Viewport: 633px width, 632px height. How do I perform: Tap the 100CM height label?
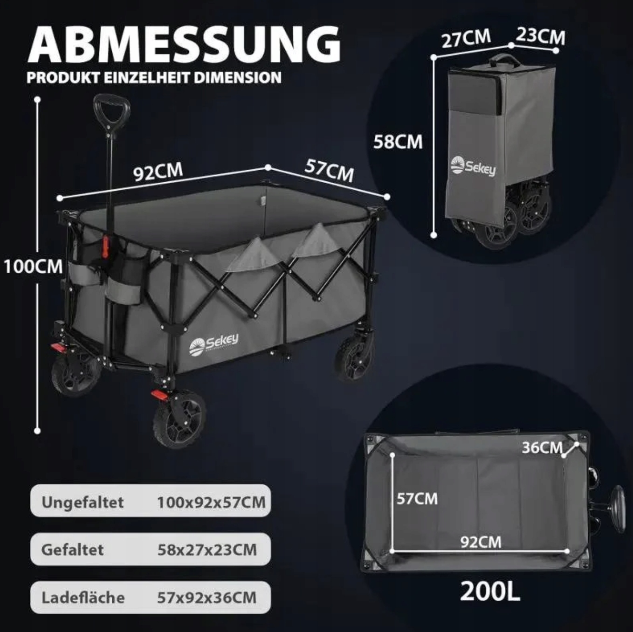pos(33,266)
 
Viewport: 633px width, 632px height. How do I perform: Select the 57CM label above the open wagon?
pos(329,170)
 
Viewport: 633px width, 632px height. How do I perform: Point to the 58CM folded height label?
pos(398,142)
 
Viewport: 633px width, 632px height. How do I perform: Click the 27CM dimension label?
pos(466,38)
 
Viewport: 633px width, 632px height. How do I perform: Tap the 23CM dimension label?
pos(540,37)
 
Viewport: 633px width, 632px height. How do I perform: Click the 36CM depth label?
pos(542,447)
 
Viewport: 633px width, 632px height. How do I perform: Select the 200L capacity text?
pos(490,591)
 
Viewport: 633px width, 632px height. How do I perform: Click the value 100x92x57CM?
pos(211,502)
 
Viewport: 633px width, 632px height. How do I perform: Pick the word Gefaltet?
pos(73,550)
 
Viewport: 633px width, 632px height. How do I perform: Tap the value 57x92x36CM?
pos(206,597)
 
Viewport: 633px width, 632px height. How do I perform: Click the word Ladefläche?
pos(83,597)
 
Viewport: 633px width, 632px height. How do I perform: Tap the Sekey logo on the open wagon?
pos(214,344)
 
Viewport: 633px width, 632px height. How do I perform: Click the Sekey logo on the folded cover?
pos(473,166)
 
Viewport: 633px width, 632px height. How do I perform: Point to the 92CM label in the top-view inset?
pos(481,542)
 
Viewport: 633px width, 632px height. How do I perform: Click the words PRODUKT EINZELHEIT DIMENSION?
pos(154,78)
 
